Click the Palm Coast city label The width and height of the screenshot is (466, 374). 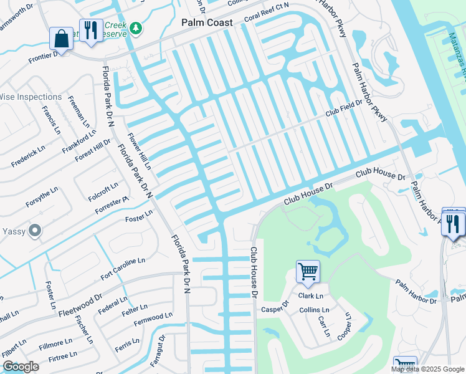point(207,22)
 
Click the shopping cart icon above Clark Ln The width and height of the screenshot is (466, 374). point(307,271)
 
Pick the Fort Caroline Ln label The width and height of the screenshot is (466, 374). point(123,268)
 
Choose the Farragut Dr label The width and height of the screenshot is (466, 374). point(159,353)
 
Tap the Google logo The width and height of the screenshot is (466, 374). point(21,367)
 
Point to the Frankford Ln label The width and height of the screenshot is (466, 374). point(79,141)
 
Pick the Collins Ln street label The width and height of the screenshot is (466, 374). point(314,310)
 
